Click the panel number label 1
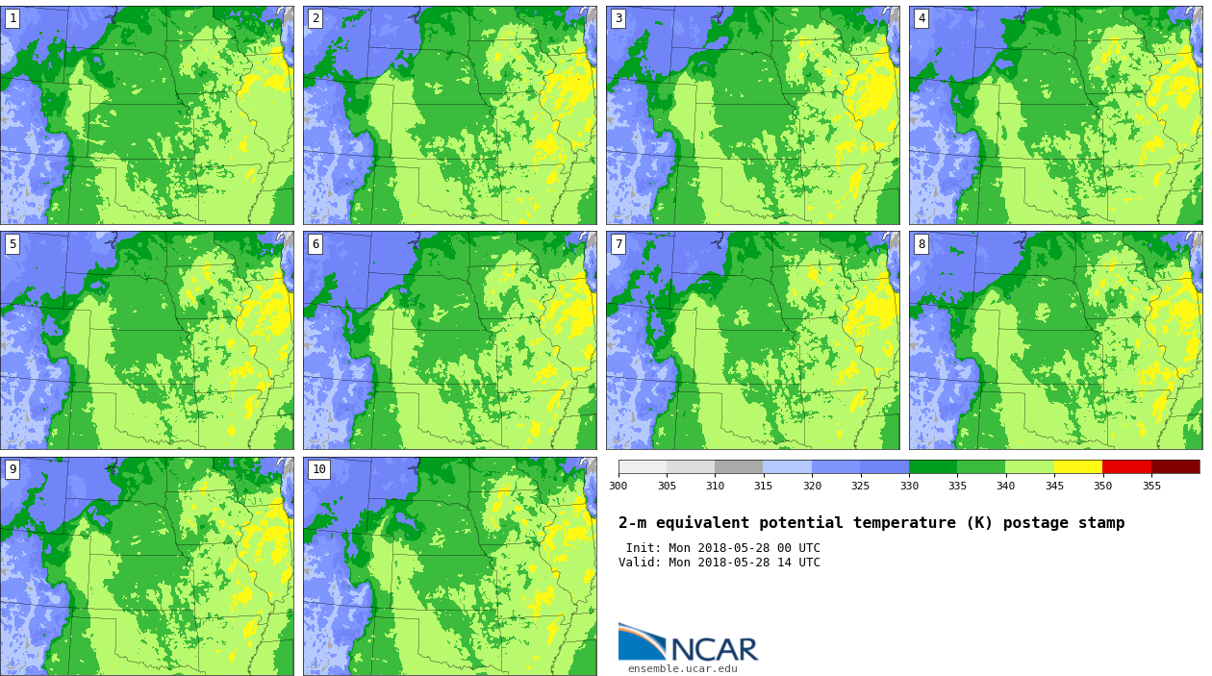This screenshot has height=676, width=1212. pos(13,18)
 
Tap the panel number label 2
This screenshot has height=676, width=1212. pos(316,18)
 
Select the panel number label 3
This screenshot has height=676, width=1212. pos(619,18)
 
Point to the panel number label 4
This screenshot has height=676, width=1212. pos(922,18)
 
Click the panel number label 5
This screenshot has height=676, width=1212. pos(13,244)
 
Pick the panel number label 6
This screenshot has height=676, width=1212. pos(316,244)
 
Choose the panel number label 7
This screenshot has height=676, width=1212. pos(619,244)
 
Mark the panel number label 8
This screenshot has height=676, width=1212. pos(922,244)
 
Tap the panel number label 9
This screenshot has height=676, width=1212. pos(13,469)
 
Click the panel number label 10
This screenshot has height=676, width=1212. pos(318,469)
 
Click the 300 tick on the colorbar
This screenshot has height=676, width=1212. pos(619,486)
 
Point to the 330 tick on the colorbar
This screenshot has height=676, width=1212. pos(909,486)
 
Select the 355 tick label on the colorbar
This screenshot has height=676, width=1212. pos(1151,486)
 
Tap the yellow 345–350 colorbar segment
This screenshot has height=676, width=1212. pos(1078,466)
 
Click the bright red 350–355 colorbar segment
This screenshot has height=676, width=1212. pos(1126,466)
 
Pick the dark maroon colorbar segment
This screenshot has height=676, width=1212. pos(1175,466)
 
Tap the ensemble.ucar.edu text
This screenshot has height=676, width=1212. pos(683,668)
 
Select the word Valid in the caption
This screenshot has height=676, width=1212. pos(638,563)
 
